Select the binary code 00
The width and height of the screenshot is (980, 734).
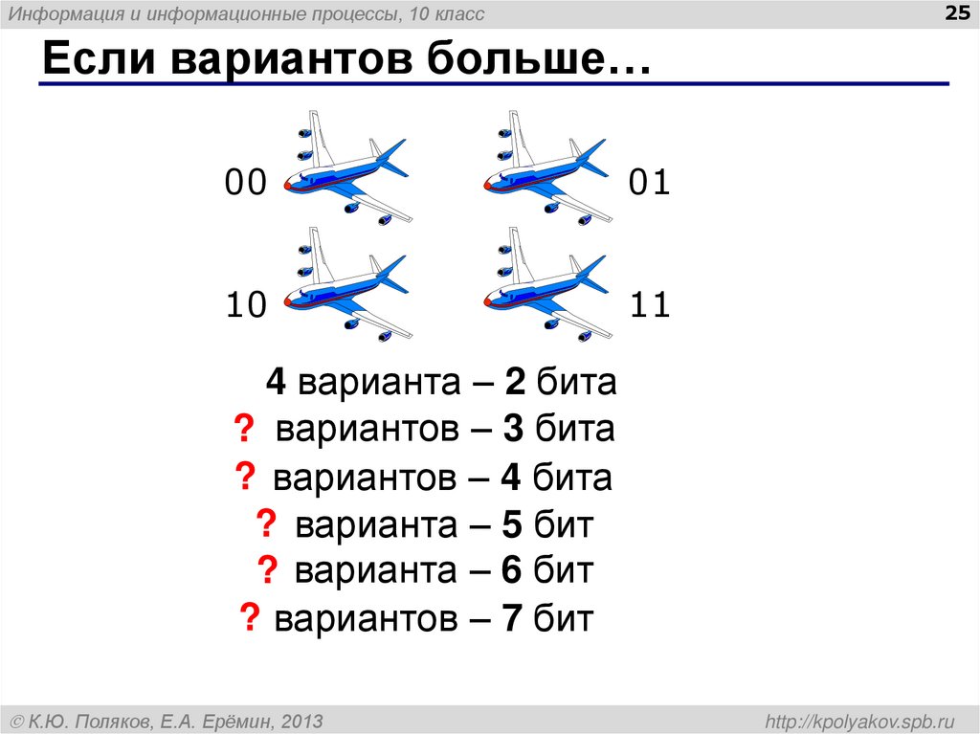245,182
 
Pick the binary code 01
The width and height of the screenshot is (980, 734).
650,182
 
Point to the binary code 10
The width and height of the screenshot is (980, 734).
245,305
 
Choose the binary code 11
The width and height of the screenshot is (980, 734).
650,305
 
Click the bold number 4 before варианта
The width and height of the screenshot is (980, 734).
277,383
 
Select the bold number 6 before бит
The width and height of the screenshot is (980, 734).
510,571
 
